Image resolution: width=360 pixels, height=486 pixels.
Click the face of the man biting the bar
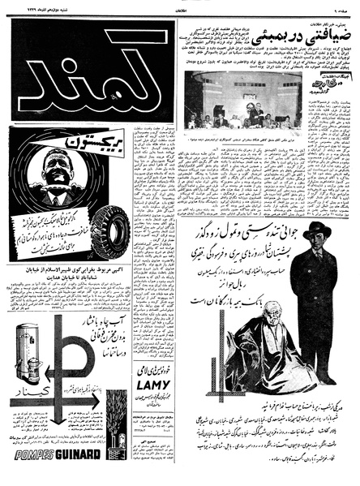point(51,174)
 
